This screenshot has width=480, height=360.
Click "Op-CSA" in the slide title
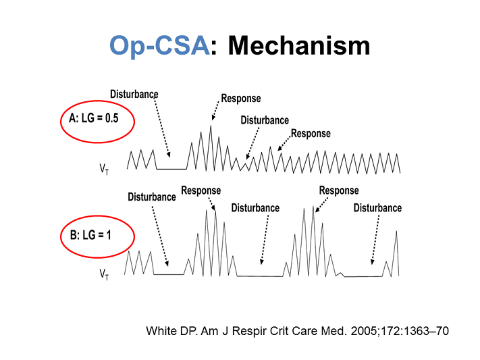(159, 46)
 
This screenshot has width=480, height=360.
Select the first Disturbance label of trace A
(134, 93)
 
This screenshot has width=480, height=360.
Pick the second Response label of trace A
(311, 134)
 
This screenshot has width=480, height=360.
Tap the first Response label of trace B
(201, 191)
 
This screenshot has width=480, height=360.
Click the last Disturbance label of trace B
(377, 208)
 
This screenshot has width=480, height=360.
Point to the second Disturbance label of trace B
(255, 208)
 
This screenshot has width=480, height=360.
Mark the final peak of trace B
(396, 232)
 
